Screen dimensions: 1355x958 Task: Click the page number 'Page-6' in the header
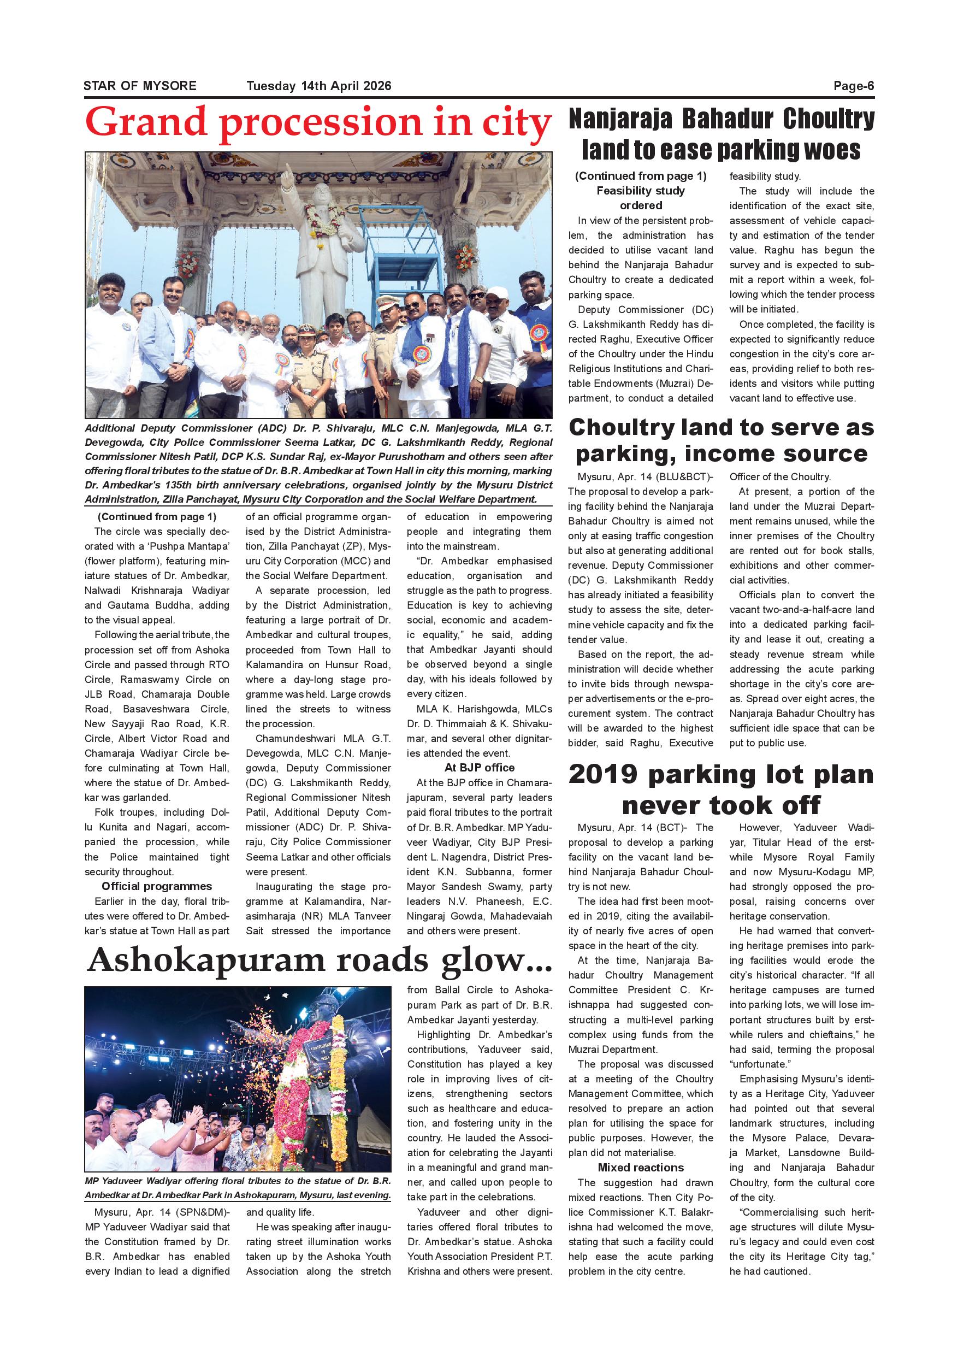pos(853,86)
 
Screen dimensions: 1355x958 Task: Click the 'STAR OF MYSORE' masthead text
pos(140,86)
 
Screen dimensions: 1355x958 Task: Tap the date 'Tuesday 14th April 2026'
pos(318,86)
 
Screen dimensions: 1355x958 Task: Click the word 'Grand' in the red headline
pos(147,123)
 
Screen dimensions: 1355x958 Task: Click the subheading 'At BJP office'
pos(479,768)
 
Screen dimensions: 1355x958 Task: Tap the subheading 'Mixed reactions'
pos(641,1168)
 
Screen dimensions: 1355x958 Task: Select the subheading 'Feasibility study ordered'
pos(641,198)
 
